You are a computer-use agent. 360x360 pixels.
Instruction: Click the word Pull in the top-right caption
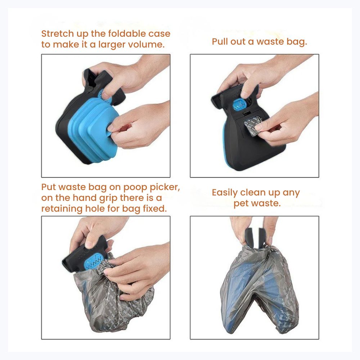coord(220,41)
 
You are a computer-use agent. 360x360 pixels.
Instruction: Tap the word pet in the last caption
coord(240,204)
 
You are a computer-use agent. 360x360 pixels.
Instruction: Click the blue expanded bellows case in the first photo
coord(94,129)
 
